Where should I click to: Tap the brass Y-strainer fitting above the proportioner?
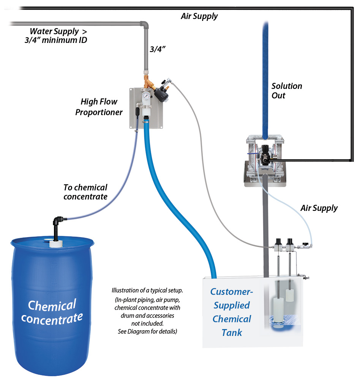[x=147, y=83]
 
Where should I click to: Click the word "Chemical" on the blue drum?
[x=52, y=305]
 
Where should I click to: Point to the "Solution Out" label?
[x=287, y=90]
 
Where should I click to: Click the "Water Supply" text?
[x=54, y=32]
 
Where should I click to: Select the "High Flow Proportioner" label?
[x=99, y=107]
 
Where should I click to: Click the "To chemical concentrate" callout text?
[x=85, y=192]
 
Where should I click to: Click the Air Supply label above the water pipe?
[x=199, y=16]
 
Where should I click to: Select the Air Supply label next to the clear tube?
[x=319, y=208]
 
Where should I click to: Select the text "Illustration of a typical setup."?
[x=147, y=290]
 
